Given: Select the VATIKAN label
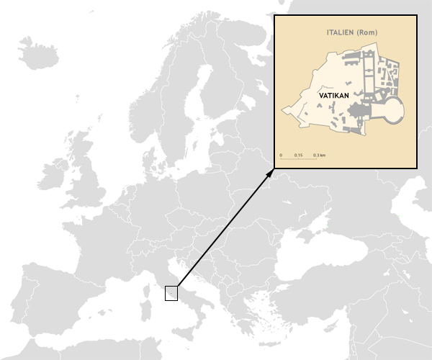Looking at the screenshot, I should (x=333, y=94).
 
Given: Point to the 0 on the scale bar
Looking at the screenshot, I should (x=281, y=155).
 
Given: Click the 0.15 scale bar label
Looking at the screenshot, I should (x=298, y=155).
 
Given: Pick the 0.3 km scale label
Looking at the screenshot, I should (x=320, y=155).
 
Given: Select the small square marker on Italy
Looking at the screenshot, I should (x=171, y=292).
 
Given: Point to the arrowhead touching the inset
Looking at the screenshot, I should (x=271, y=171).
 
